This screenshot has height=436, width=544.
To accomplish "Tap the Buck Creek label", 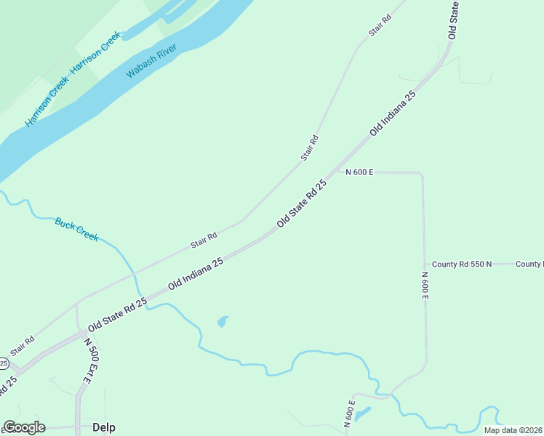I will (77, 230).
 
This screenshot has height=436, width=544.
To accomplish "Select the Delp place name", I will (104, 427).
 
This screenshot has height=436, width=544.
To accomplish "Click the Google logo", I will (25, 427).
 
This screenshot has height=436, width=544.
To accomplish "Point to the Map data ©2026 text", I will (512, 430).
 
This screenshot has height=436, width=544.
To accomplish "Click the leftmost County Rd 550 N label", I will (462, 264).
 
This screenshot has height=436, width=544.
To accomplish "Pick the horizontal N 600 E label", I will (359, 172).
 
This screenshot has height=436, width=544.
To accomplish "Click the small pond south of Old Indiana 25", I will (223, 320).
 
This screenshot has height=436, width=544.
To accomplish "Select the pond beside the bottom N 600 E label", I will (363, 413).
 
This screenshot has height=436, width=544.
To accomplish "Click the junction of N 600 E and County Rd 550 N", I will (424, 264).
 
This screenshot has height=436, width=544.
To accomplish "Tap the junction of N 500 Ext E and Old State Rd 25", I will (79, 334).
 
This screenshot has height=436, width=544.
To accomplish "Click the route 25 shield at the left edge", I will (3, 363).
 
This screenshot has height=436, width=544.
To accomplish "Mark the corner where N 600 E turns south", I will (421, 174).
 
